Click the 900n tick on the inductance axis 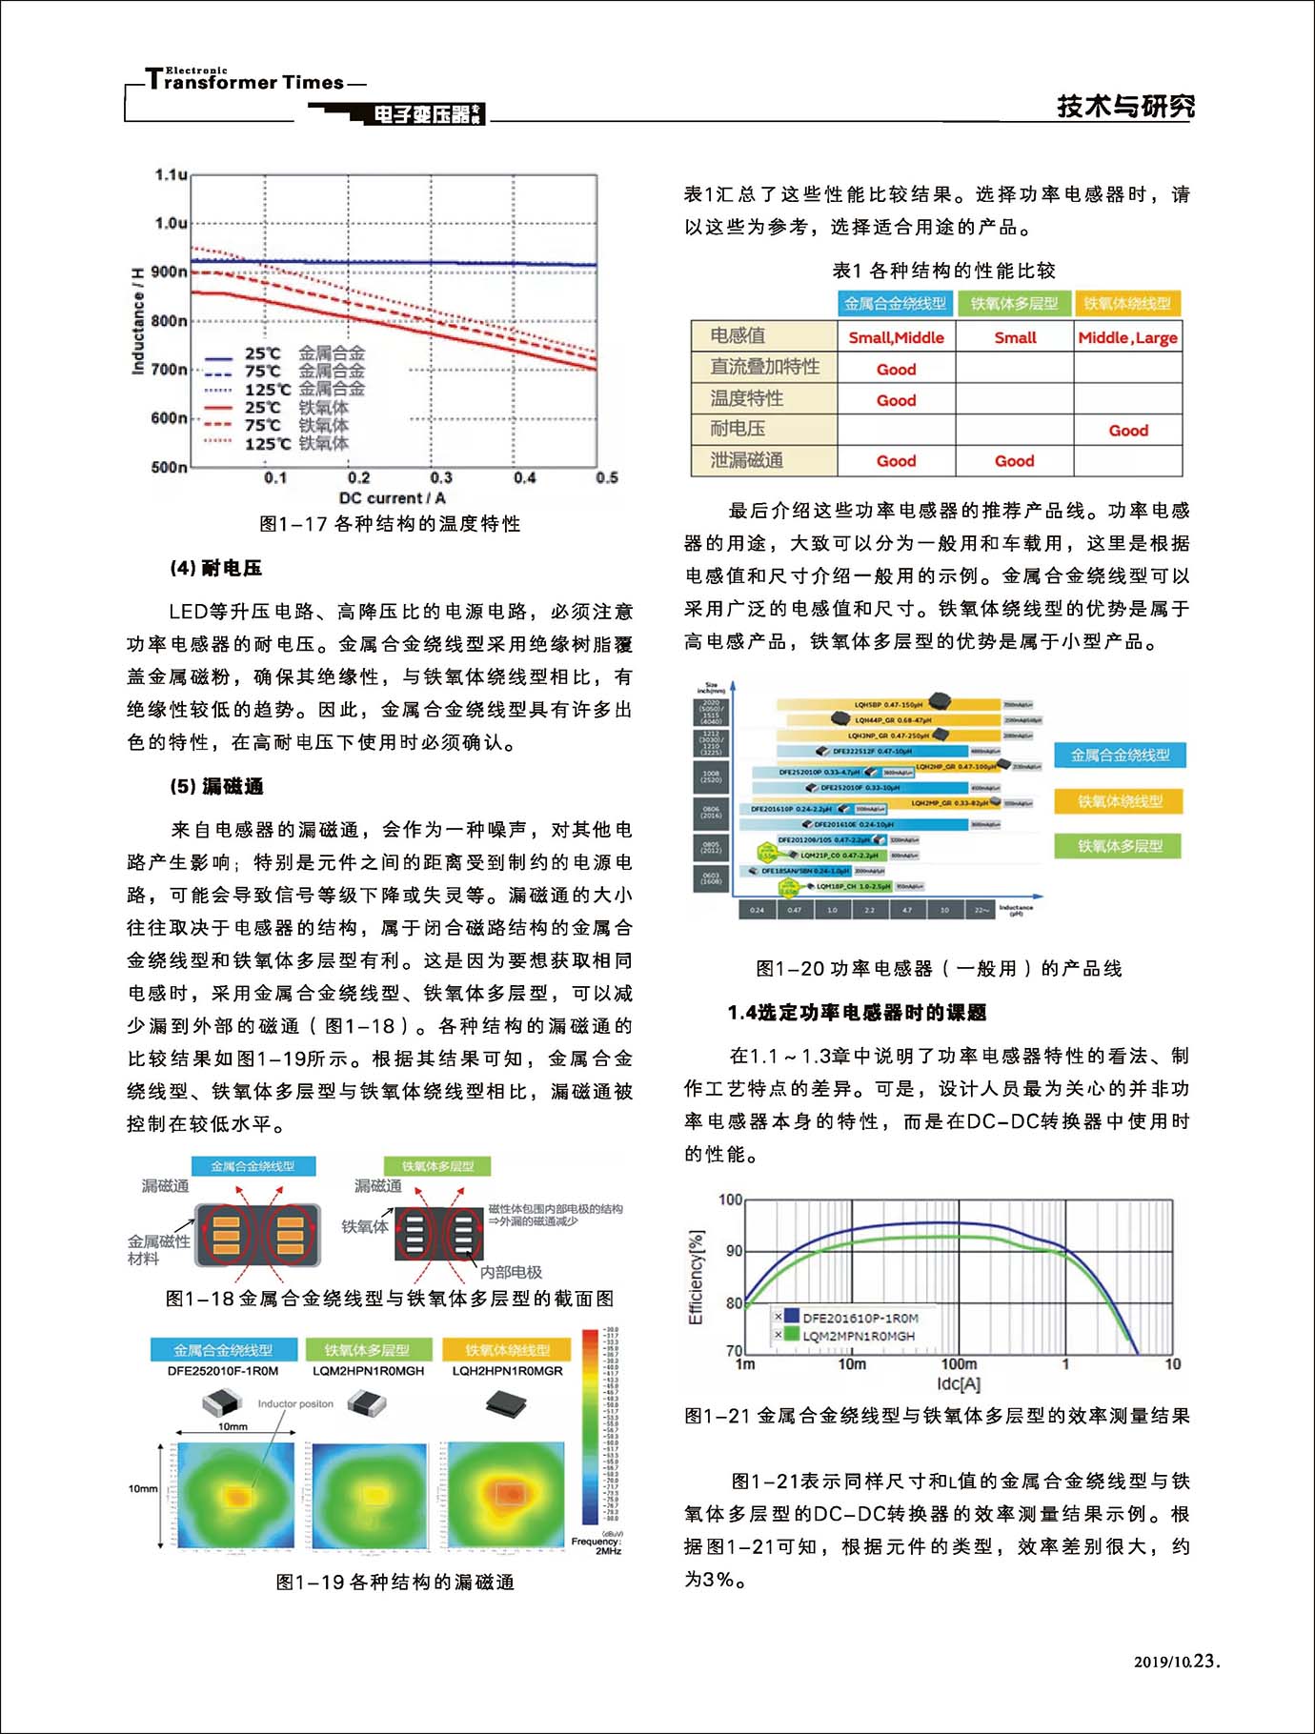tap(170, 272)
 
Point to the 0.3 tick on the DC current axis tap(441, 477)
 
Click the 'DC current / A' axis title tap(392, 497)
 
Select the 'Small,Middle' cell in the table tap(896, 337)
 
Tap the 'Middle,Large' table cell tap(1127, 337)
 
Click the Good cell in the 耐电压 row tap(1128, 431)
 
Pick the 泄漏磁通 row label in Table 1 tap(747, 460)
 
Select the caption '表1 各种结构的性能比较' tap(943, 271)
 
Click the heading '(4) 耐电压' tap(215, 568)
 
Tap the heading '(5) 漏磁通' tap(216, 786)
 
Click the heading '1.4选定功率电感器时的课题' tap(857, 1012)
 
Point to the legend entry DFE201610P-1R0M tap(860, 1318)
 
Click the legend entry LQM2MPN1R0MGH tap(858, 1336)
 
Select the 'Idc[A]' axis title tap(958, 1383)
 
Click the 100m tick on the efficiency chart tap(959, 1363)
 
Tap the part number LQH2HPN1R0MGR tap(507, 1371)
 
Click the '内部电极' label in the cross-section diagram tap(511, 1272)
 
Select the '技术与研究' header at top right tap(1125, 106)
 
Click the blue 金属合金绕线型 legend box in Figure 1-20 tap(1120, 756)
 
